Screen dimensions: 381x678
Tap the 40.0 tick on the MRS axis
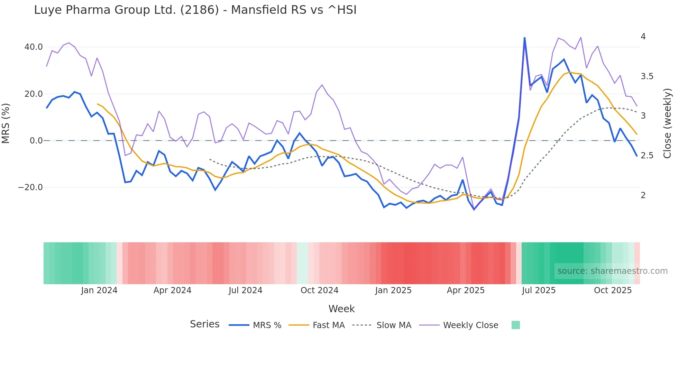(34, 47)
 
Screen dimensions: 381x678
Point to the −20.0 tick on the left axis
(30, 187)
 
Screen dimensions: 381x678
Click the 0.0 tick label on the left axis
(36, 141)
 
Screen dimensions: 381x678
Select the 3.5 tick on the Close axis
(647, 76)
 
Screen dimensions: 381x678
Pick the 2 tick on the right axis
(643, 195)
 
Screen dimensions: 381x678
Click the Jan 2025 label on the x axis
(393, 290)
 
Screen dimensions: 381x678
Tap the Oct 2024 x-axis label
(319, 290)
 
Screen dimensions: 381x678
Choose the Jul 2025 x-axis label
(539, 290)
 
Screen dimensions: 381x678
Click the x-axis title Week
(341, 309)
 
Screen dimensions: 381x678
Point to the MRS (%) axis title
(6, 123)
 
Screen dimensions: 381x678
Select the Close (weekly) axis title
(667, 123)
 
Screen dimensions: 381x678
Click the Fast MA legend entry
(328, 325)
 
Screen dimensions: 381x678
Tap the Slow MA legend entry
(394, 325)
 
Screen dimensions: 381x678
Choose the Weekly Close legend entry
(470, 325)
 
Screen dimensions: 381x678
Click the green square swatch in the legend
(515, 325)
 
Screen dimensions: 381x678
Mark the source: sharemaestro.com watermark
(612, 271)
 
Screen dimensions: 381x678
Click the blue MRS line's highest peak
(524, 38)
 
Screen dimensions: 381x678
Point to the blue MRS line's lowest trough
(474, 210)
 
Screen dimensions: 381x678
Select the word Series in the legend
(204, 324)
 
